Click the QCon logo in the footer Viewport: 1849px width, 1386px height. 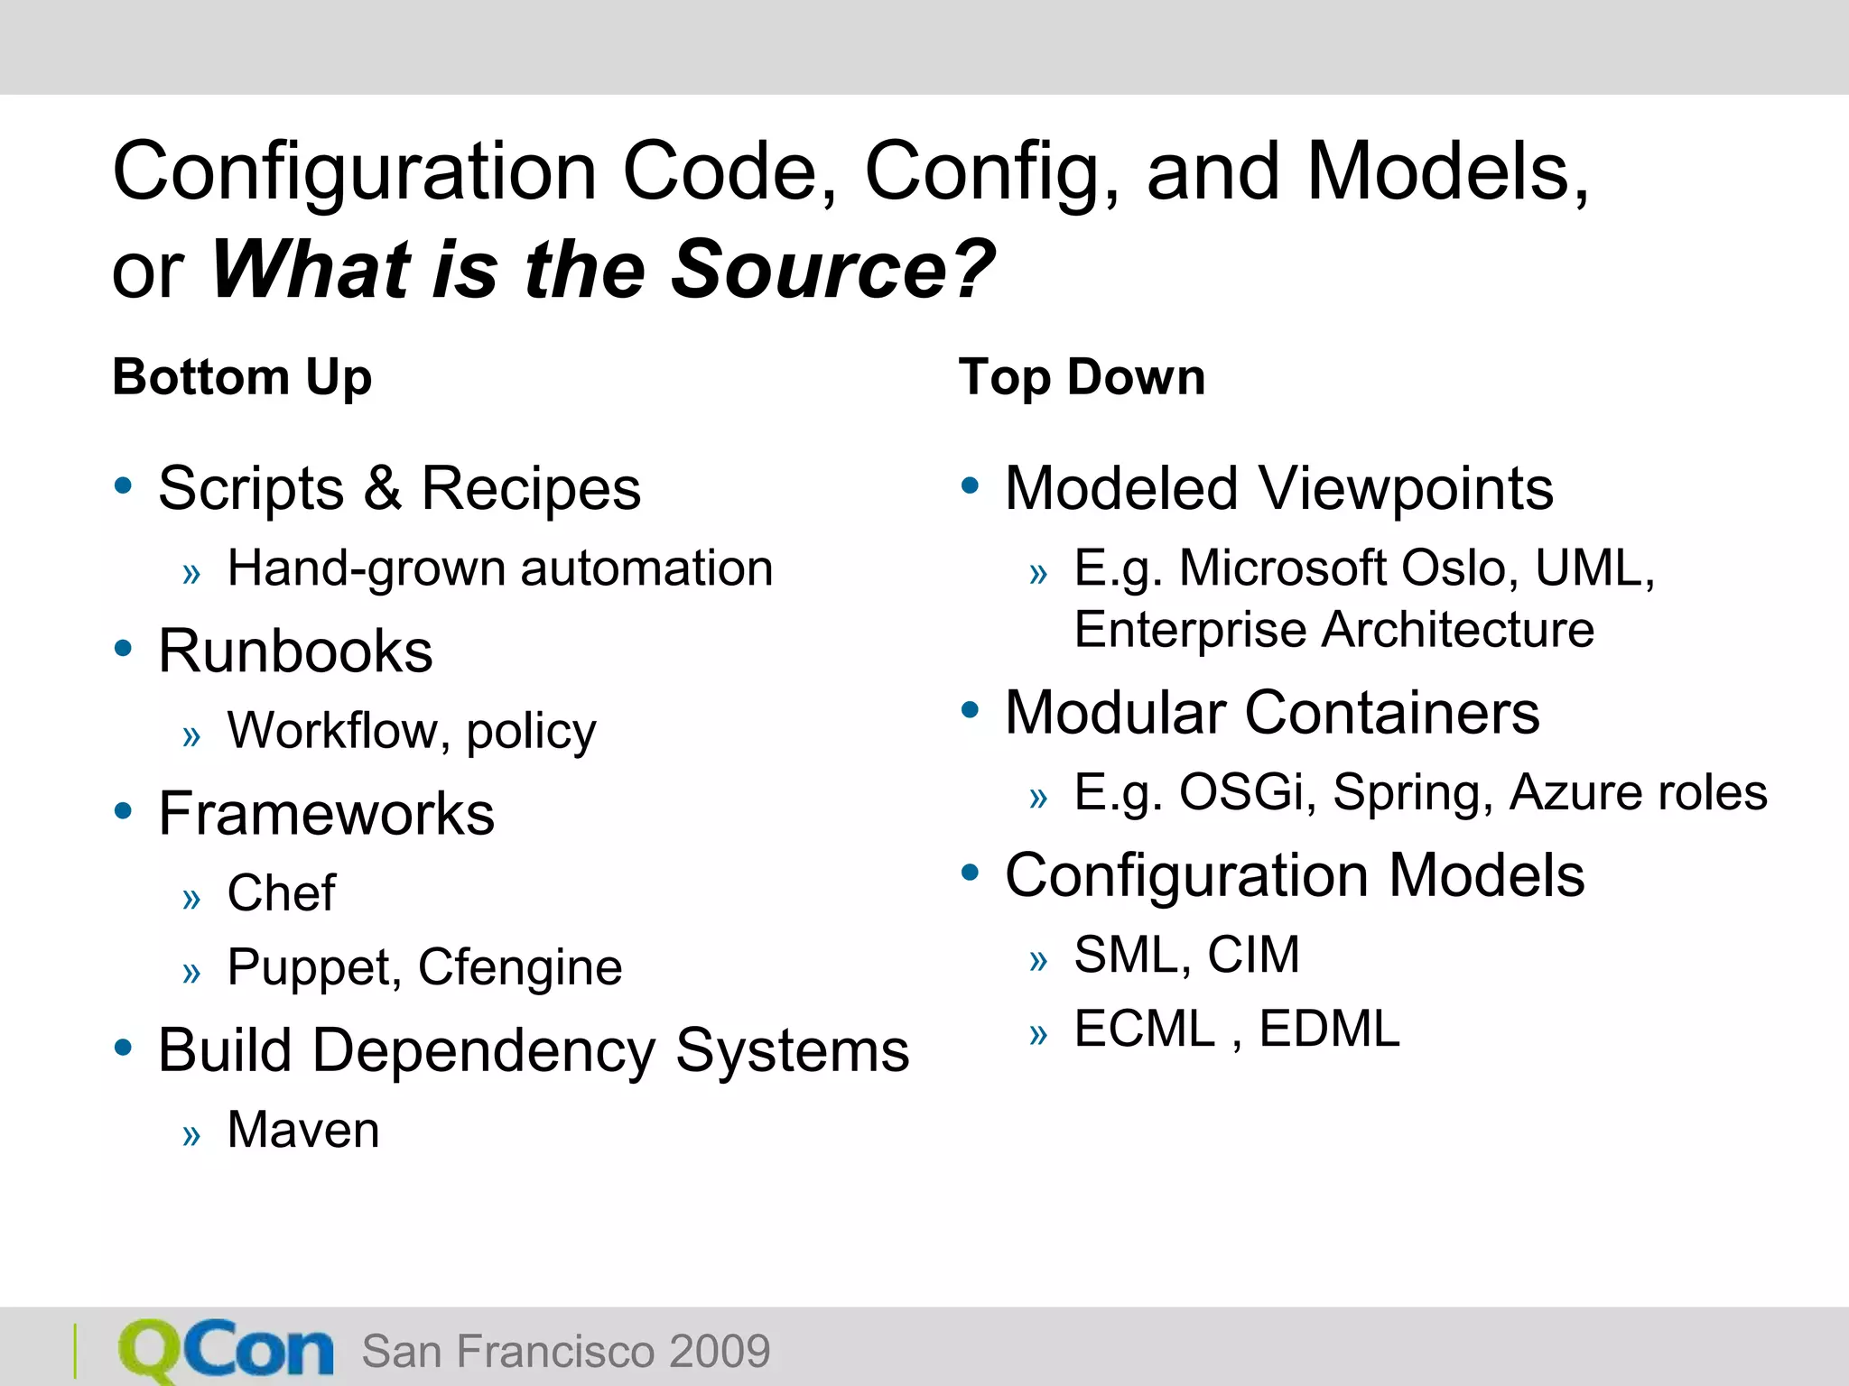click(x=226, y=1351)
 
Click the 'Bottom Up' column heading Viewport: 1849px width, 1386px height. click(x=242, y=377)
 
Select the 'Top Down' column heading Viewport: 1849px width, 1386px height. click(x=1082, y=377)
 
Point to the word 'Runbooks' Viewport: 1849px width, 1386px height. click(x=295, y=651)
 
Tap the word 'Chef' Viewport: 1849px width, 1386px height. click(x=281, y=893)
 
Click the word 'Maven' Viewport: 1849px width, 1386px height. click(x=303, y=1130)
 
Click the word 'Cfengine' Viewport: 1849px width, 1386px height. click(x=520, y=968)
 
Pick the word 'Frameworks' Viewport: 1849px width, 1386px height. click(x=326, y=814)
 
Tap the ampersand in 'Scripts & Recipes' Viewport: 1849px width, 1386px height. click(x=383, y=488)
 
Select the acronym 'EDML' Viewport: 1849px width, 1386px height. click(x=1329, y=1029)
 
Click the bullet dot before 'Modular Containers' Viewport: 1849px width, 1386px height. click(x=971, y=710)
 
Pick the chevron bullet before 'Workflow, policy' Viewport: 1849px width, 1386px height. click(x=191, y=736)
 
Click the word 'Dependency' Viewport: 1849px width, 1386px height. click(x=484, y=1051)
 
